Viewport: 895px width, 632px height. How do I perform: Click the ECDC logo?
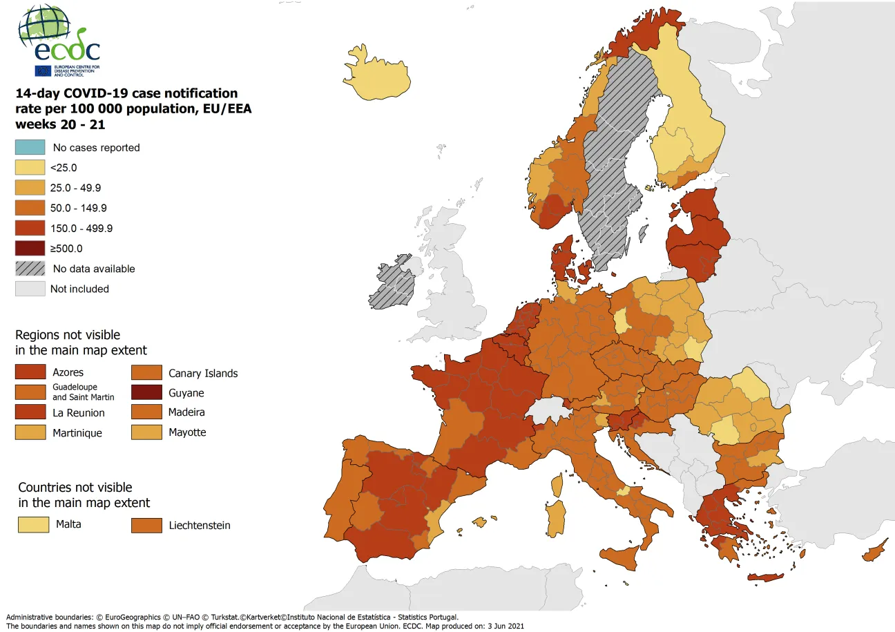(x=59, y=41)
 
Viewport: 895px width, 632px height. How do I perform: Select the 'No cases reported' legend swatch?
(x=30, y=147)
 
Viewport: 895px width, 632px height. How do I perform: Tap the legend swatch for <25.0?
(x=30, y=168)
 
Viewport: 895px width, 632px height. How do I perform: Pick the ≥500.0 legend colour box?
(x=30, y=249)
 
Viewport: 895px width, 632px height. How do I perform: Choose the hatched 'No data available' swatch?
(x=30, y=269)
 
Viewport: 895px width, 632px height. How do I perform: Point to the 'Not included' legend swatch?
(x=30, y=289)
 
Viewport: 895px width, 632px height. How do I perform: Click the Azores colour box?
(x=30, y=372)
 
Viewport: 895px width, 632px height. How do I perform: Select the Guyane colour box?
(x=146, y=393)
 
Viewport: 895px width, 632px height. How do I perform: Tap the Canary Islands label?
(x=203, y=373)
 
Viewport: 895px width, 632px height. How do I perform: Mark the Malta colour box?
(x=33, y=524)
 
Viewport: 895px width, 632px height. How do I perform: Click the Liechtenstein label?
(x=200, y=525)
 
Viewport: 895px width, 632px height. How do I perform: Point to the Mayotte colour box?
(x=146, y=432)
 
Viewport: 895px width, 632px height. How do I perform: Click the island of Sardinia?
(x=555, y=518)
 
